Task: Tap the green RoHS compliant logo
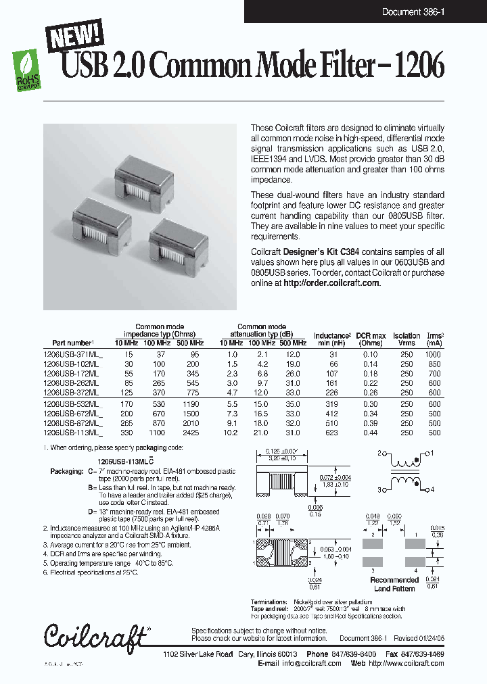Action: pyautogui.click(x=27, y=68)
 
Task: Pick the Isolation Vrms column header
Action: pyautogui.click(x=406, y=339)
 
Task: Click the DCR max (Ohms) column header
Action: pyautogui.click(x=370, y=339)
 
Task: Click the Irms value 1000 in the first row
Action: pyautogui.click(x=434, y=354)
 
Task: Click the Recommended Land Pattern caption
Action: pyautogui.click(x=394, y=584)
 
